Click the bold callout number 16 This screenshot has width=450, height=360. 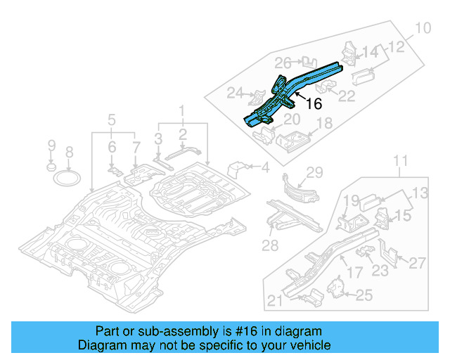313,103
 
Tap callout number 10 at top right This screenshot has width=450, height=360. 421,29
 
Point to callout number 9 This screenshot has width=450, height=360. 51,146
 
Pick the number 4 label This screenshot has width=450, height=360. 265,167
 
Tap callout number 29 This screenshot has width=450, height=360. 313,173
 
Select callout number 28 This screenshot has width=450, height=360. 270,245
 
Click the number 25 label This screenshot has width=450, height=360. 364,296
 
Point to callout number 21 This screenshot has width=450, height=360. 275,301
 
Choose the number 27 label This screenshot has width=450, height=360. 417,263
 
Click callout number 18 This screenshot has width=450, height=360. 324,124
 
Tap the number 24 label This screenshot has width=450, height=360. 234,92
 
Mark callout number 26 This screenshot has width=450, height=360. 283,62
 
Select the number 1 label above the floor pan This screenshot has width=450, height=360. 182,110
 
